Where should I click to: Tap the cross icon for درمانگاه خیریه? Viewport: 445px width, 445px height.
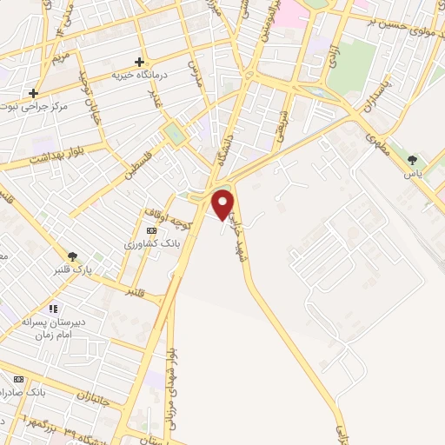(x=139, y=62)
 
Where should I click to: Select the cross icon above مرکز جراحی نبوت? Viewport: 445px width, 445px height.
(x=33, y=93)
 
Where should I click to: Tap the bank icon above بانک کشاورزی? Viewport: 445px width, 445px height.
(x=153, y=230)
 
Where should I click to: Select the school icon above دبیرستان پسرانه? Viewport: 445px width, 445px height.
(x=52, y=309)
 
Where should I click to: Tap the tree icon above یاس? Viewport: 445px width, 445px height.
(x=411, y=160)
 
